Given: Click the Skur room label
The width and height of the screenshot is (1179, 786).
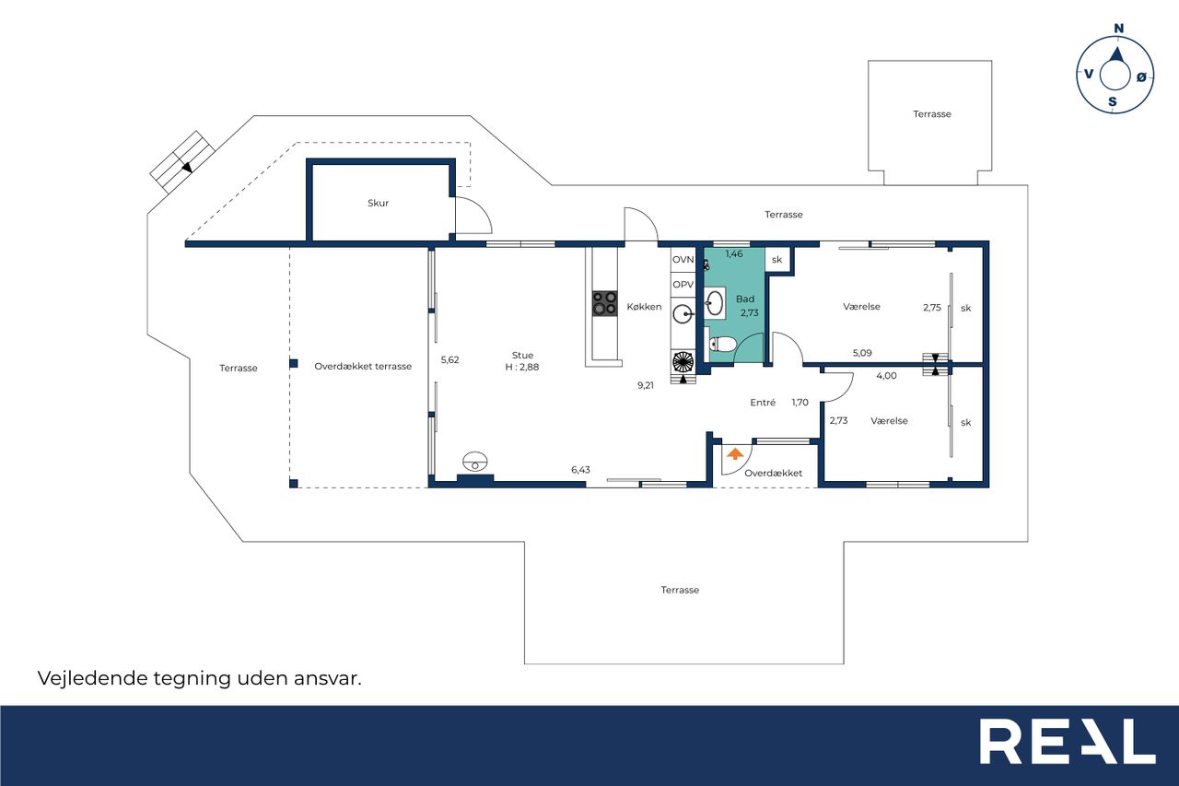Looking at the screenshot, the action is click(x=378, y=203).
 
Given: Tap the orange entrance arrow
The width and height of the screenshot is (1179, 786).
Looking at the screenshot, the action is click(x=735, y=453).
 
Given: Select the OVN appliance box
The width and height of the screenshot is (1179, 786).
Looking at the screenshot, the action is click(x=683, y=260).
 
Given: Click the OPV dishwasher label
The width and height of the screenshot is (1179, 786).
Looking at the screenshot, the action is click(x=683, y=285).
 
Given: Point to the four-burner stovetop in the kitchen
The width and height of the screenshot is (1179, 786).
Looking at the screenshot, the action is click(x=605, y=303).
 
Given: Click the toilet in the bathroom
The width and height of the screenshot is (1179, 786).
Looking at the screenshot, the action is click(x=722, y=345).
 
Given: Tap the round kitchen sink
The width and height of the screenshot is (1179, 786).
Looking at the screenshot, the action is click(x=683, y=315).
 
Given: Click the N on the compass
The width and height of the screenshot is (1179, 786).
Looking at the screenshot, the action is click(x=1118, y=29).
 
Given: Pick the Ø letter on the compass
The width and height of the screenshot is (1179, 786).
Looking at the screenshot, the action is click(x=1141, y=77).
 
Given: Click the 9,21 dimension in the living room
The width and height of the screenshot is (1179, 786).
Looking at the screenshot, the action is click(x=646, y=385).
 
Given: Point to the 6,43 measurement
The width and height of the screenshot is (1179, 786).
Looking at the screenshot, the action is click(x=580, y=470).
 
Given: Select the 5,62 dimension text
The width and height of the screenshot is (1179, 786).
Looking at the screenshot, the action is click(x=450, y=360).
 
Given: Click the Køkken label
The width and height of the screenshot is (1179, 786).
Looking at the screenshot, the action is click(x=644, y=307).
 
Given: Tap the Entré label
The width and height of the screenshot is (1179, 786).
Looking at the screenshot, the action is click(x=763, y=403).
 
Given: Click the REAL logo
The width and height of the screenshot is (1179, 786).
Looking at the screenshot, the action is click(x=1068, y=741).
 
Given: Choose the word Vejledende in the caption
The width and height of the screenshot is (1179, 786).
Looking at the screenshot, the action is click(x=93, y=678).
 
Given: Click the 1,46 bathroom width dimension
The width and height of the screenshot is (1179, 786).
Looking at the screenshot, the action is click(x=734, y=253).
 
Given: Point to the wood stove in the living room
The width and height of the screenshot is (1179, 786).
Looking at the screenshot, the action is click(x=475, y=462).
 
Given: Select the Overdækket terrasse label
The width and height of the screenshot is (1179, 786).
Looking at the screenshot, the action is click(x=363, y=367).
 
